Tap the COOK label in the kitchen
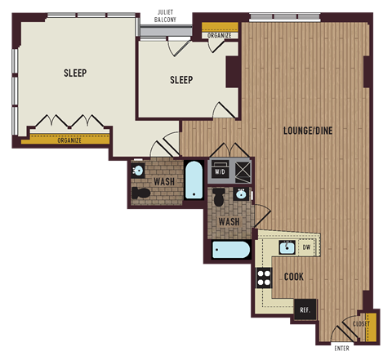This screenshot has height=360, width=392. coord(294,277)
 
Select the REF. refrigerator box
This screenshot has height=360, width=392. coord(305,309)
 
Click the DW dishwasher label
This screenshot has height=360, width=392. coord(306,247)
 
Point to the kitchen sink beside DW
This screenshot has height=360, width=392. coord(286,247)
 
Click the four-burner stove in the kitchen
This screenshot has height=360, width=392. coord(265,278)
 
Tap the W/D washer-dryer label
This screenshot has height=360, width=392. coord(220,172)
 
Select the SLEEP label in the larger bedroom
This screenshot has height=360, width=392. coord(75,73)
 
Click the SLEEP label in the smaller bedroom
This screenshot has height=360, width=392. coord(181,80)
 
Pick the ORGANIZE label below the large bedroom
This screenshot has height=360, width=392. coord(69,140)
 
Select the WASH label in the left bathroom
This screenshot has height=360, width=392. coord(163,181)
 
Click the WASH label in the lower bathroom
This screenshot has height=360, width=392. coord(229,221)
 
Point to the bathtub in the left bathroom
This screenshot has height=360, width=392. coord(194,180)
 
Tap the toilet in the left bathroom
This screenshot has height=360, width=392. coord(142,193)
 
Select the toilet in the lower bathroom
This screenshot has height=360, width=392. coord(219,198)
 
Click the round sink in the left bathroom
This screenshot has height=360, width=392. coord(137,171)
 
